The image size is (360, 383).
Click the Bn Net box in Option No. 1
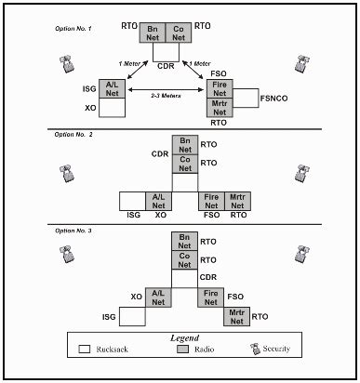click(153, 33)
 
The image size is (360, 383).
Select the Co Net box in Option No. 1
click(181, 33)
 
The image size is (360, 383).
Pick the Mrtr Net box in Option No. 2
click(237, 200)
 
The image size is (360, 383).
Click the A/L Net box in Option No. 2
click(159, 200)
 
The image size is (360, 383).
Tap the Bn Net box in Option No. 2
click(185, 146)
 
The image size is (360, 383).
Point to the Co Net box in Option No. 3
click(184, 261)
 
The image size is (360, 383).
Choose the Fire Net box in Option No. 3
click(211, 297)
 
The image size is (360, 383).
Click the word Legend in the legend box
click(185, 339)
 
